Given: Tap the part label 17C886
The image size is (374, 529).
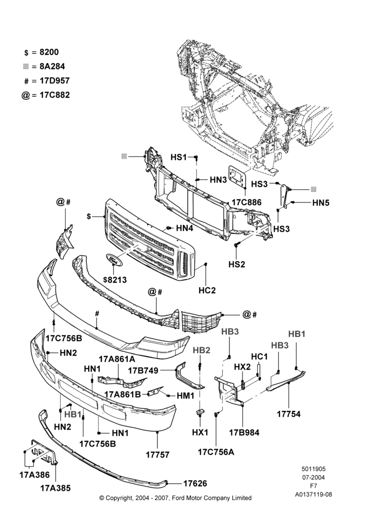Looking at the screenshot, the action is (x=246, y=203).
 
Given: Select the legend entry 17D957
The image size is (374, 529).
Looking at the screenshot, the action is (x=54, y=80).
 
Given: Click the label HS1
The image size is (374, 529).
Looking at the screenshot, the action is (x=179, y=157).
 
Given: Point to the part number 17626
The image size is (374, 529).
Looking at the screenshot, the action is (x=195, y=484).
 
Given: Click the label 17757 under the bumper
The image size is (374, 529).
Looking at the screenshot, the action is (x=158, y=455).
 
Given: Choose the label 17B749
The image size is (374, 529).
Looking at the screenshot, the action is (x=143, y=370).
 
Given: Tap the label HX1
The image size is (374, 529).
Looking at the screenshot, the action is (x=201, y=432).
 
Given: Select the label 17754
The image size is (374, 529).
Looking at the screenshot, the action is (x=289, y=414).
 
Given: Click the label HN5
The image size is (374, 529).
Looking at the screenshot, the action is (x=321, y=203).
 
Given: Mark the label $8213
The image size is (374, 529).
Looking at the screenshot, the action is (x=115, y=280).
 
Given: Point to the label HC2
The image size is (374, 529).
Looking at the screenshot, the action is (x=207, y=290).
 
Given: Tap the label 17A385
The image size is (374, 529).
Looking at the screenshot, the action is (x=55, y=488).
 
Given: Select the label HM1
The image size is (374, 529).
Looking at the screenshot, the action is (x=185, y=395).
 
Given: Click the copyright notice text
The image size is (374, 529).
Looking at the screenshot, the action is (x=175, y=498).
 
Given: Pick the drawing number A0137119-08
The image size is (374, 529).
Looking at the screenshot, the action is (x=313, y=495).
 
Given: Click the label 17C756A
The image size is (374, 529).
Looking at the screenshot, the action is (x=216, y=452).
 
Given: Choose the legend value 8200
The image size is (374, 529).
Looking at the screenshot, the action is (x=49, y=52).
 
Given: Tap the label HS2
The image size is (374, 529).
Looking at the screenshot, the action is (x=237, y=264).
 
